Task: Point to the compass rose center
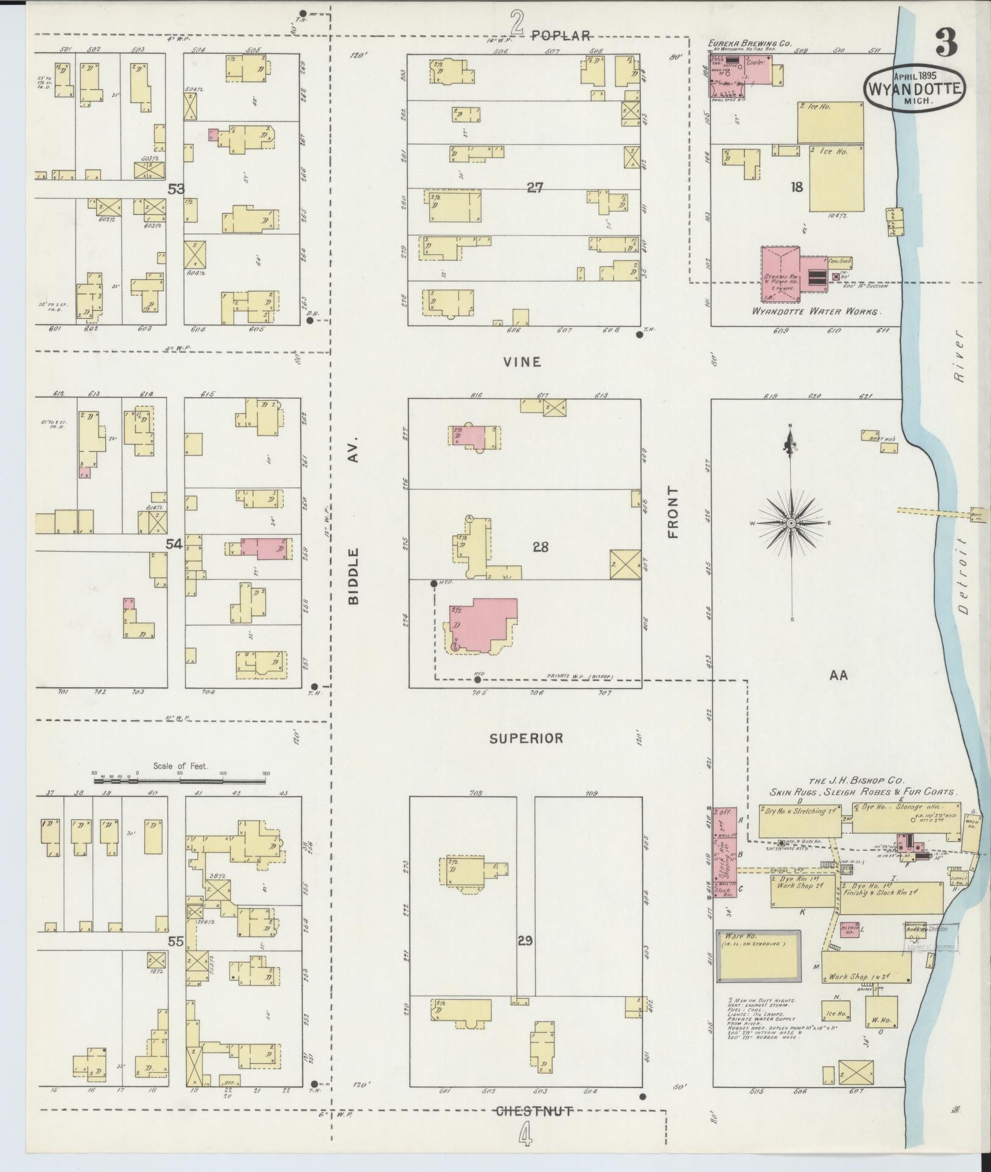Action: coord(791,523)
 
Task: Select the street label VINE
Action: coord(522,362)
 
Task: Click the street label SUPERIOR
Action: coord(526,738)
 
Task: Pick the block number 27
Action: coord(535,188)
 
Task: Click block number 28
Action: coord(541,547)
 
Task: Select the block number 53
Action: coord(176,189)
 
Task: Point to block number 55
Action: coord(176,941)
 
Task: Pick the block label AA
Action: coord(838,674)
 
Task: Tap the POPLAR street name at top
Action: coord(561,35)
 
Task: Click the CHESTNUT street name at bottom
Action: coord(534,1111)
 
